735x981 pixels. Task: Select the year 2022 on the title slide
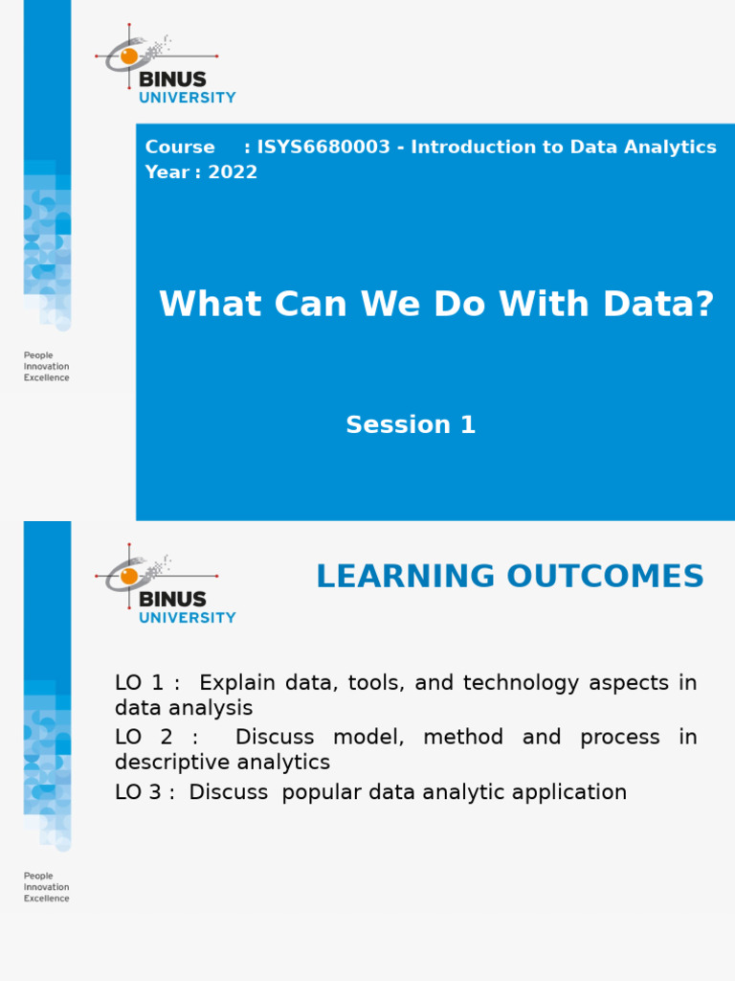[233, 172]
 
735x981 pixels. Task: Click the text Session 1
[411, 424]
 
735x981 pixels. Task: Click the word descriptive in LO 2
[170, 763]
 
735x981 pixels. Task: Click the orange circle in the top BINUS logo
[129, 57]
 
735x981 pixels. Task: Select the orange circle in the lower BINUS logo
[129, 577]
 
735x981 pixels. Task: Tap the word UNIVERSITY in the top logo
[188, 98]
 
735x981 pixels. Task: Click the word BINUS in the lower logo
[172, 599]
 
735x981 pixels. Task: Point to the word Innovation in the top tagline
[46, 366]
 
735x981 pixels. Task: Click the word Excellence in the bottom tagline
[46, 899]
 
